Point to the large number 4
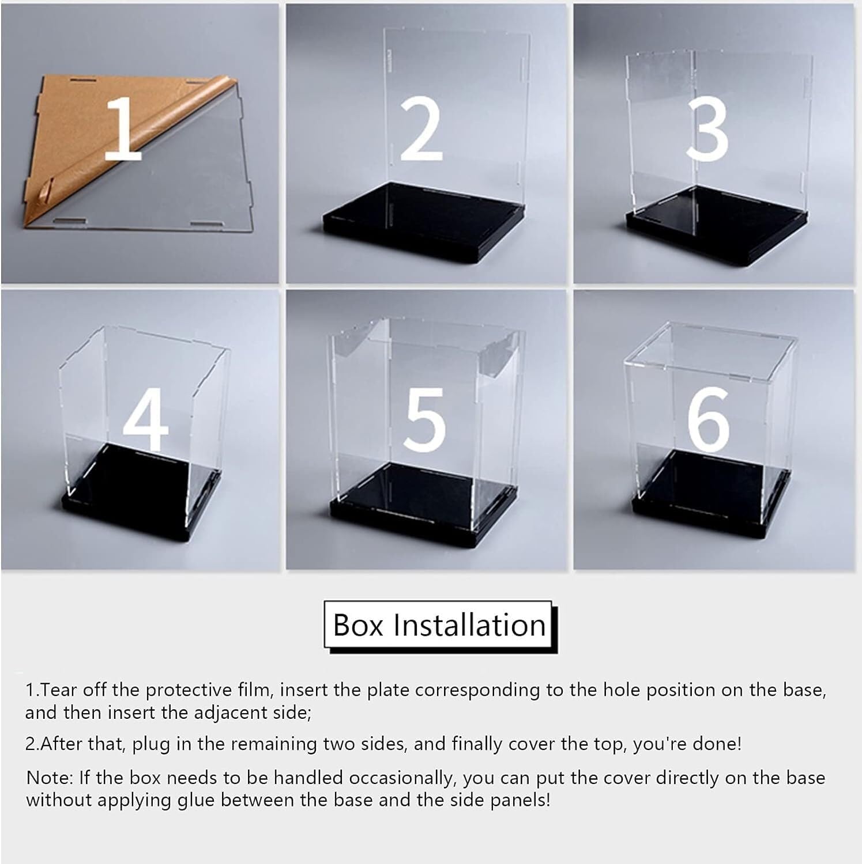pos(146,419)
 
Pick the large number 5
pos(425,419)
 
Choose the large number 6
pos(709,419)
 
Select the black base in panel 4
pos(141,490)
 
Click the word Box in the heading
pos(358,625)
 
